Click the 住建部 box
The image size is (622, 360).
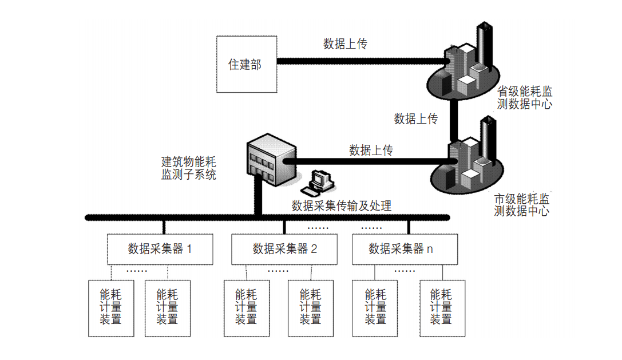(246, 64)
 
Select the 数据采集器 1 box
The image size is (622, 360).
(160, 249)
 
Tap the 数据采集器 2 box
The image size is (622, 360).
(284, 249)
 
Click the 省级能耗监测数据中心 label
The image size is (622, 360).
(524, 98)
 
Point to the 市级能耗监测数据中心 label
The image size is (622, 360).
(521, 205)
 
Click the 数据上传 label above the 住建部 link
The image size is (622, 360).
(345, 44)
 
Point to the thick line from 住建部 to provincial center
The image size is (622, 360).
(360, 59)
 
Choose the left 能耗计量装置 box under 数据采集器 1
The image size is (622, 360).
(111, 308)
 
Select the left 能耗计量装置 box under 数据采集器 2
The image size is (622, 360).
(246, 308)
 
